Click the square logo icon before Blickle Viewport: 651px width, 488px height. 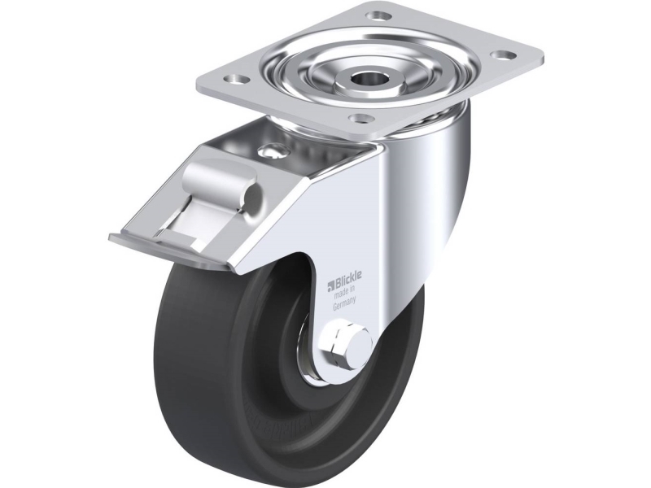tap(331, 285)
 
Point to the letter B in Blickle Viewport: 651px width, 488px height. tap(338, 284)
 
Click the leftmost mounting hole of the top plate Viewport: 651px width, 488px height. tap(234, 78)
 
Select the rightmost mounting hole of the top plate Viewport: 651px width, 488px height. tap(500, 54)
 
